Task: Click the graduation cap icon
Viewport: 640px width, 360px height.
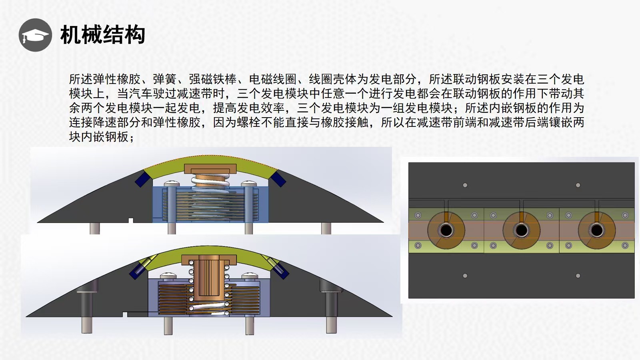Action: [35, 35]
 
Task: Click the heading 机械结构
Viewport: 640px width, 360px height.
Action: [103, 35]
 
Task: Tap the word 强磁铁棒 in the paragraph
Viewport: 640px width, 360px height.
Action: [213, 80]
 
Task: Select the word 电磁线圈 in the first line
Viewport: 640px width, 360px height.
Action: [273, 80]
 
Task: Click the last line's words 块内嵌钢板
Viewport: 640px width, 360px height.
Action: [99, 137]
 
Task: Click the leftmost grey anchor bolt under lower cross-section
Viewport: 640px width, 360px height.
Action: [87, 325]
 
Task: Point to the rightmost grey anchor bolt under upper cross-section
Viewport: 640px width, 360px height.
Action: [326, 228]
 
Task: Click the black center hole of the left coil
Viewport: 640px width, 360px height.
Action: [446, 230]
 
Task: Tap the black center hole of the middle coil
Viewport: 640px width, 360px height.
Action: [522, 230]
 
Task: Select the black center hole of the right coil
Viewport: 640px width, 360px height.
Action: [596, 230]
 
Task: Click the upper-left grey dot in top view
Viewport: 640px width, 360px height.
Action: [465, 185]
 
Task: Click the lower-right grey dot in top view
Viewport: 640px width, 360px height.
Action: [578, 276]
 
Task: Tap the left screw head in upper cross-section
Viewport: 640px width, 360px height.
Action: [172, 184]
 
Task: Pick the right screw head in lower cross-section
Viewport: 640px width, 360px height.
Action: [250, 276]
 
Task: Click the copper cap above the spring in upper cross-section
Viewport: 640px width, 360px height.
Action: [210, 169]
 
